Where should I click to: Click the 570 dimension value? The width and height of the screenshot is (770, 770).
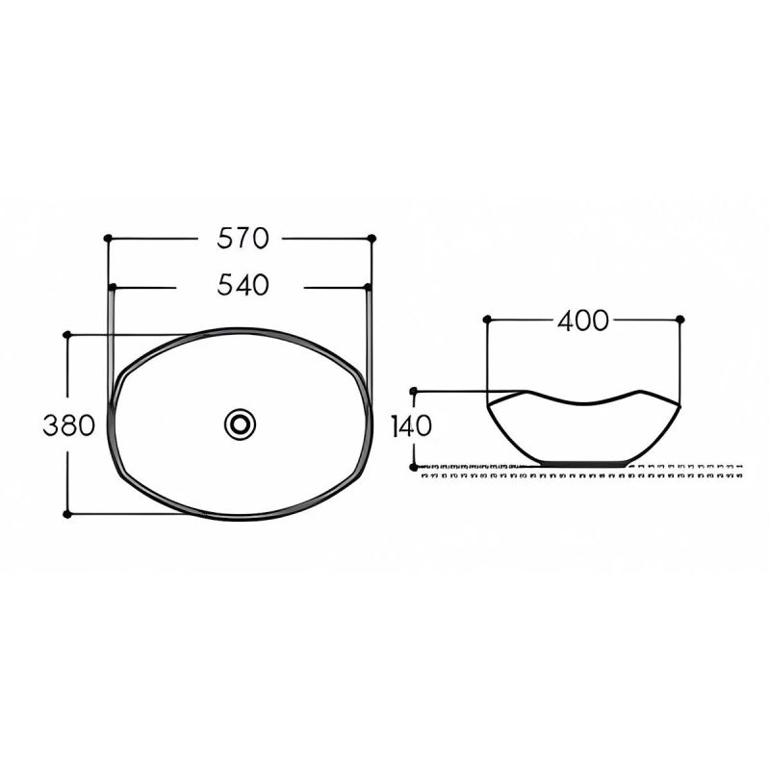[244, 238]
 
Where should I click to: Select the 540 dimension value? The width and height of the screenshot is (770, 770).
[244, 285]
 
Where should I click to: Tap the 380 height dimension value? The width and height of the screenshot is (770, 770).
[68, 425]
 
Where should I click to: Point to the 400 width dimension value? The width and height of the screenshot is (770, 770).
[583, 321]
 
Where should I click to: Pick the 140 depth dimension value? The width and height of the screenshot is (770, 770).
[412, 425]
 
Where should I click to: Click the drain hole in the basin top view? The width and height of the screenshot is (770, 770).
[240, 424]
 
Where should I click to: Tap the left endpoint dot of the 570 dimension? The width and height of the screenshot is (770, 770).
[108, 238]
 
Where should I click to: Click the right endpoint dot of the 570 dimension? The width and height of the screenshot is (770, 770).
[372, 238]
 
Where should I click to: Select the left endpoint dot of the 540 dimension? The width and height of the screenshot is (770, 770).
[113, 287]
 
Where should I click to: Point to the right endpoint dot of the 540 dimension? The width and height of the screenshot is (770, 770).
[368, 287]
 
